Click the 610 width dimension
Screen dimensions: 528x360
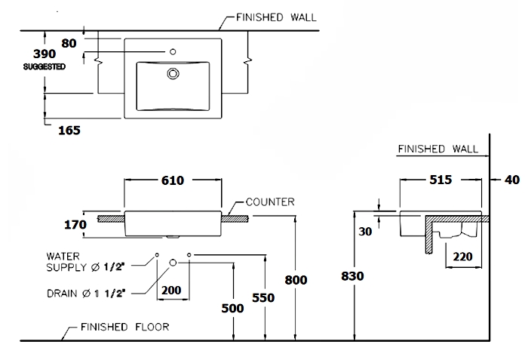(173, 180)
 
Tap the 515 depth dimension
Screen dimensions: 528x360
(441, 180)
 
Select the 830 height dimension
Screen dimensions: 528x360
(352, 276)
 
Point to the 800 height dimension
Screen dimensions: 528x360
(296, 280)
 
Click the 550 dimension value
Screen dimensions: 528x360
(263, 297)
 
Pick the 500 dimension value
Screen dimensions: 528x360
(232, 308)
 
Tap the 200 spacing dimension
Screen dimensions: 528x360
(171, 290)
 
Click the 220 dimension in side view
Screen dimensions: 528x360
(462, 257)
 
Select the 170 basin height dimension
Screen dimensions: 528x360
(75, 224)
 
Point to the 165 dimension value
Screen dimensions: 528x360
(69, 130)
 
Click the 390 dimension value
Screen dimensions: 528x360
(45, 54)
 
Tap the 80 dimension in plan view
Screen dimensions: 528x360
(69, 43)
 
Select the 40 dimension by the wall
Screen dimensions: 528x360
(512, 180)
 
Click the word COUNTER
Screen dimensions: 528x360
(270, 202)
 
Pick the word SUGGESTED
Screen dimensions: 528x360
(44, 66)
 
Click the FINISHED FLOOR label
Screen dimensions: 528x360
(125, 327)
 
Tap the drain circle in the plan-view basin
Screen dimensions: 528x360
(173, 73)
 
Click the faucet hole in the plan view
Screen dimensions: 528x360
(173, 52)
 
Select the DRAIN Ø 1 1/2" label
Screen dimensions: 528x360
(86, 294)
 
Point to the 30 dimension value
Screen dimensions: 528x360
(365, 232)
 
